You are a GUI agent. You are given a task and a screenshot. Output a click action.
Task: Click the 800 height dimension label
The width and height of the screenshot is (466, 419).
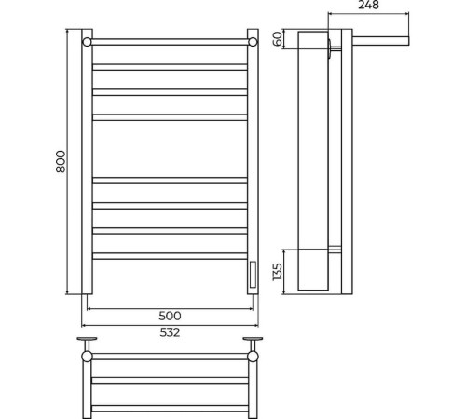click(x=61, y=161)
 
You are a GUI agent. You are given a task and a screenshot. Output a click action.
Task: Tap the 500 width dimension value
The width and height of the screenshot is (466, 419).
click(x=170, y=316)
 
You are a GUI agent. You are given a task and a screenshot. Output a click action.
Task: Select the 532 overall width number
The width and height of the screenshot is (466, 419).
click(x=170, y=332)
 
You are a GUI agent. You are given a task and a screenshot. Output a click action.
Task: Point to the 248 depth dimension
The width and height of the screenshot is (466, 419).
click(x=368, y=5)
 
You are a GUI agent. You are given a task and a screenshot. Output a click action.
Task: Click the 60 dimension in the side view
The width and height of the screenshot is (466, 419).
click(x=278, y=38)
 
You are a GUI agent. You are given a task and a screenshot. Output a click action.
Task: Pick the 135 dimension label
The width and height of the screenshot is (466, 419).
click(x=277, y=272)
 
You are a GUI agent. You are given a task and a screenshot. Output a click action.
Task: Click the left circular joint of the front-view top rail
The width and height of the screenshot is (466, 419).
click(x=87, y=42)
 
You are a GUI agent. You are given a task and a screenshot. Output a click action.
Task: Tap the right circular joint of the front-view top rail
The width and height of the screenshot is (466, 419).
click(x=253, y=42)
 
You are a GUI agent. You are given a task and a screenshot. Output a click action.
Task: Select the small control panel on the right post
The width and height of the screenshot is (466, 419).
click(x=253, y=275)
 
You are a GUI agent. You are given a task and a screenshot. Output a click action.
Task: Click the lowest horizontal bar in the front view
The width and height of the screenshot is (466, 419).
click(x=170, y=256)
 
